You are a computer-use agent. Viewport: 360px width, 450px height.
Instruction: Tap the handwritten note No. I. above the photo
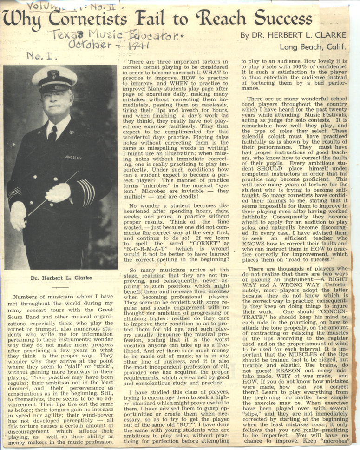(41, 56)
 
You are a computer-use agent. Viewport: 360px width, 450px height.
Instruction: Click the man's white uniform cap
(54, 76)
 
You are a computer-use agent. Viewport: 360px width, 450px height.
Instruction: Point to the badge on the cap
(54, 73)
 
